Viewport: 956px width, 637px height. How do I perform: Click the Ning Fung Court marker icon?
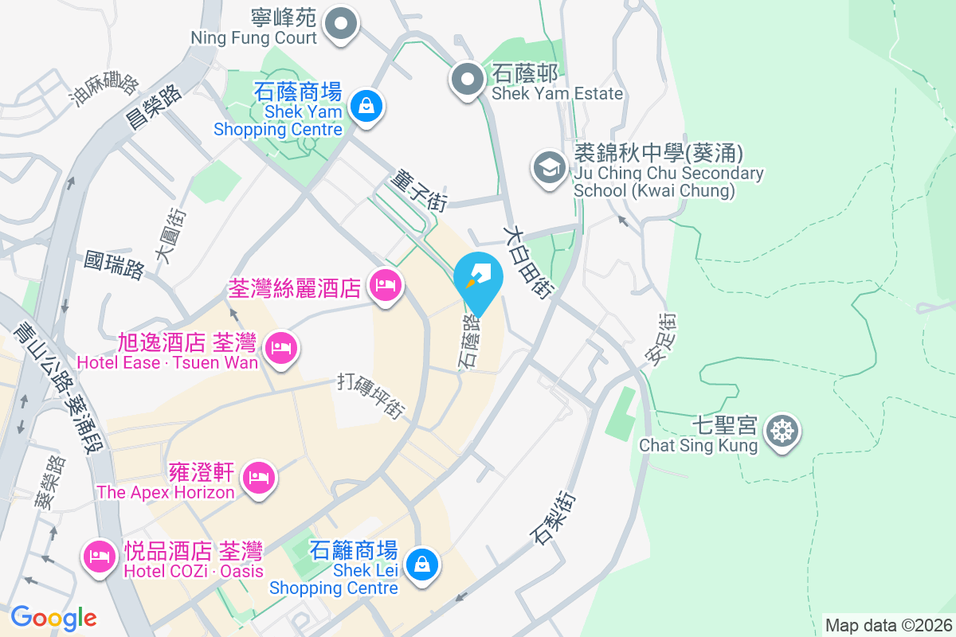point(342,22)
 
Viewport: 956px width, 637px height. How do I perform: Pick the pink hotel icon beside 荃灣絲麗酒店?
point(386,285)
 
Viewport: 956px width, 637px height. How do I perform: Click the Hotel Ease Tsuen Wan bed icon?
point(280,349)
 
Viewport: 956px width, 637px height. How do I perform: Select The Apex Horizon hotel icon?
point(258,479)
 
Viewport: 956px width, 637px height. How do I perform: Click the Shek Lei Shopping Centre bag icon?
point(420,565)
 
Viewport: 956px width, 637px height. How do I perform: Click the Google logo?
point(53,617)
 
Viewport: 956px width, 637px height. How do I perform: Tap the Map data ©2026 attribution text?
point(887,625)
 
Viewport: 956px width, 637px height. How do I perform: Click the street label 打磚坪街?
point(372,395)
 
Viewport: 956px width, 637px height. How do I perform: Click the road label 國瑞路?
point(115,265)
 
